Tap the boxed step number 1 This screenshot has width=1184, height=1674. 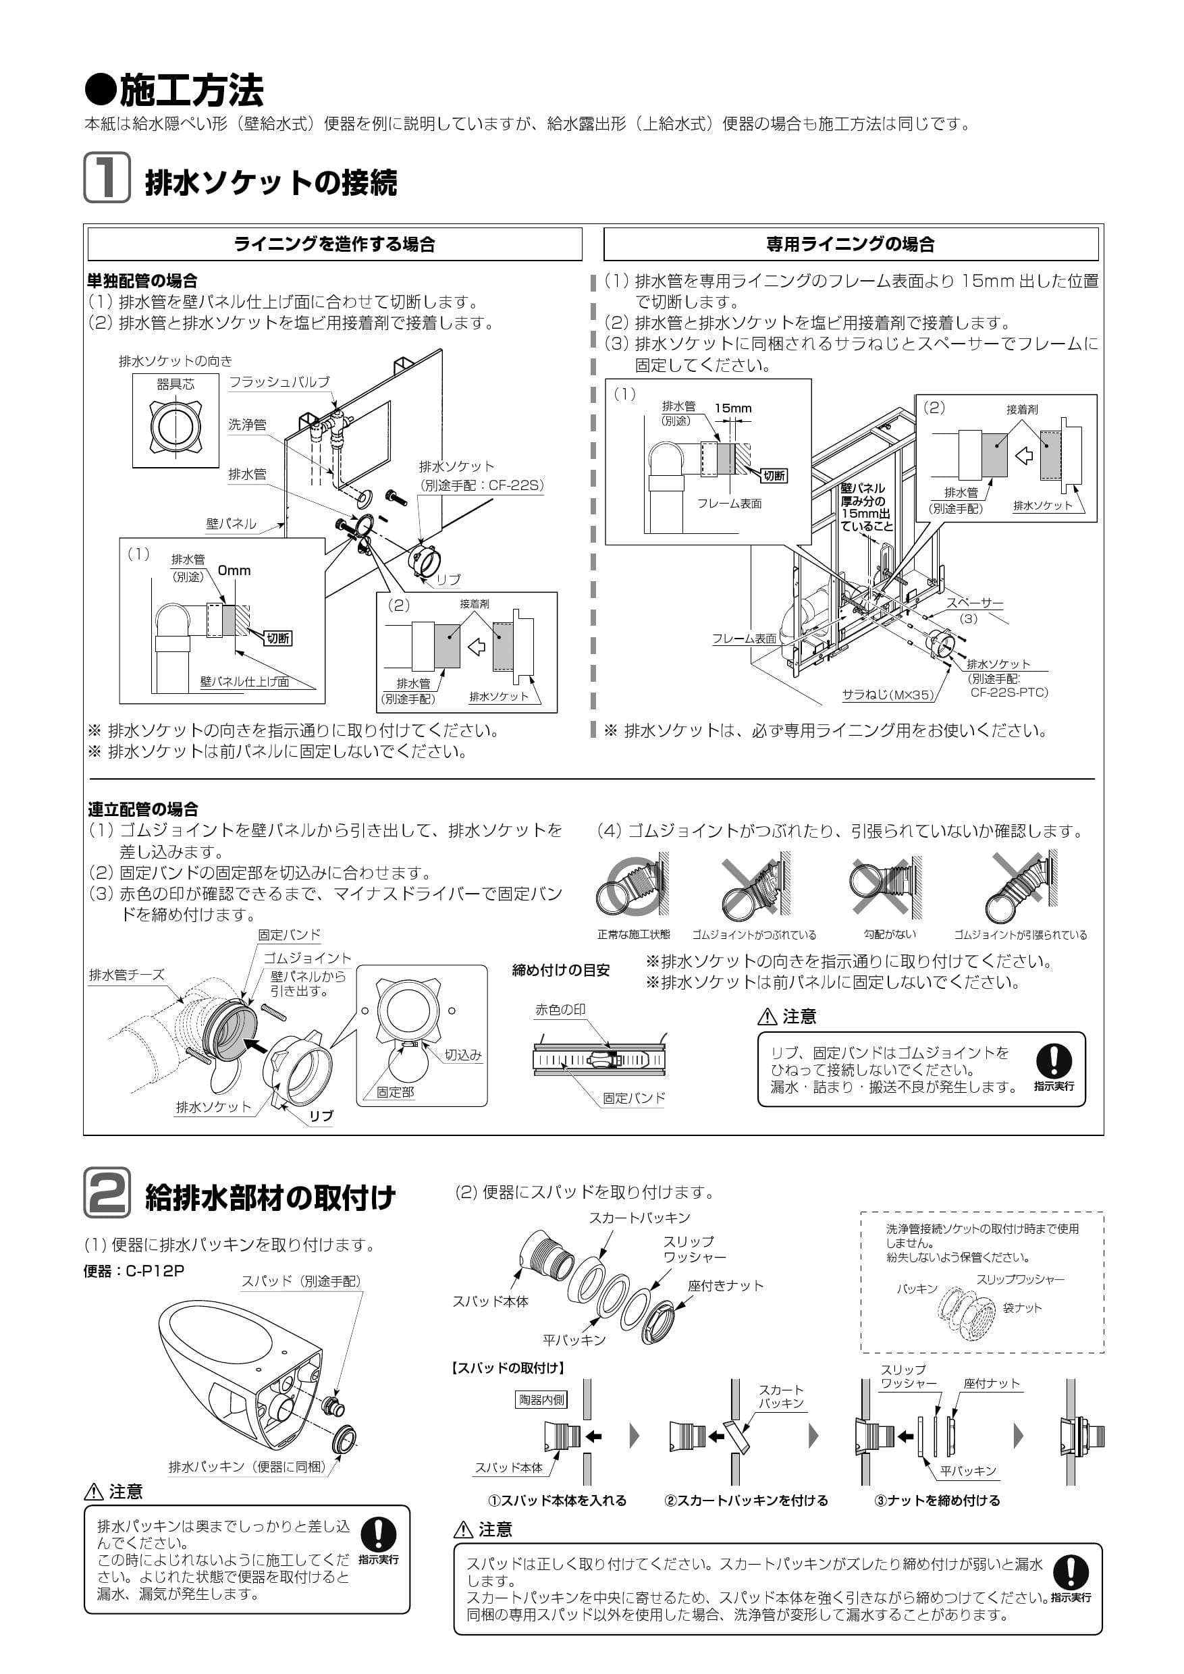point(107,177)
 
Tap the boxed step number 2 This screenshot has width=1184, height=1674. point(107,1193)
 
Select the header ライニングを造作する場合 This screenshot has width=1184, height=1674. point(335,244)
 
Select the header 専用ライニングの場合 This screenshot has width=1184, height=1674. point(850,244)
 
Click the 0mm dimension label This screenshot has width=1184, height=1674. point(234,571)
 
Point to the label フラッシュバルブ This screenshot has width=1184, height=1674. point(279,382)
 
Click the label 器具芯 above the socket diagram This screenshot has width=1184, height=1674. point(176,384)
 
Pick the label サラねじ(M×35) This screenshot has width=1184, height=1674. point(887,695)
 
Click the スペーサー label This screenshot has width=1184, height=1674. point(974,603)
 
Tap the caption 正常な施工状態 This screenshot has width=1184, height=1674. point(634,935)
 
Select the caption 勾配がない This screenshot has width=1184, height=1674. point(890,934)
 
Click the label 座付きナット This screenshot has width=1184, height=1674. point(726,1285)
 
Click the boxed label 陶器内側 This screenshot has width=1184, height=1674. point(541,1400)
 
